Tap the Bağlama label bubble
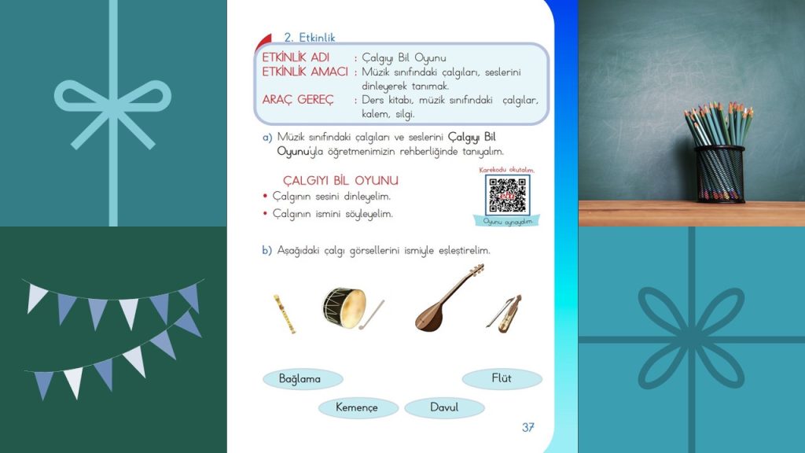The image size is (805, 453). point(300,379)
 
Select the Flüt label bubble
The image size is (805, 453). point(502,378)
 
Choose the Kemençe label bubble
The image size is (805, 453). point(357,407)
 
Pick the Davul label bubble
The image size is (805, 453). point(444,407)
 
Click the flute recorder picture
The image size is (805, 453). point(279,314)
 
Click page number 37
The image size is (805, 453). point(528,428)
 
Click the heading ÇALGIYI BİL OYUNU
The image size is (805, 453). point(340,181)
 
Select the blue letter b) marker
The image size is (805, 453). point(267,250)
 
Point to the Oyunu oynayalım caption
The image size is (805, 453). point(507,222)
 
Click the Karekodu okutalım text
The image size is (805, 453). point(507,170)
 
